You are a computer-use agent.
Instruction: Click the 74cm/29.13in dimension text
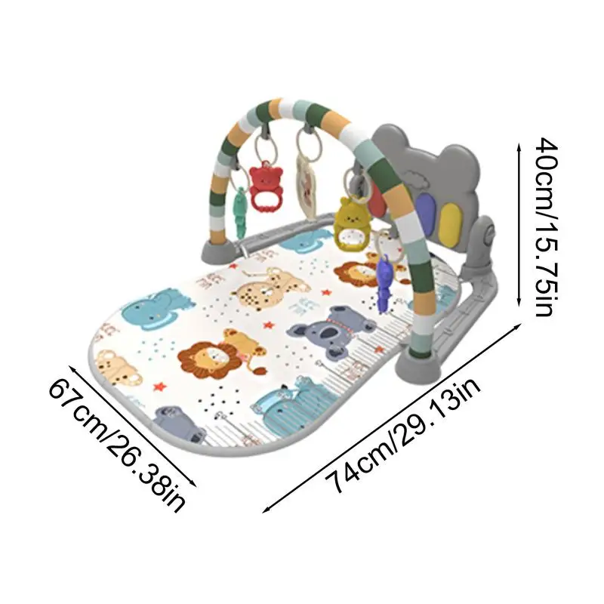coord(404,431)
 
